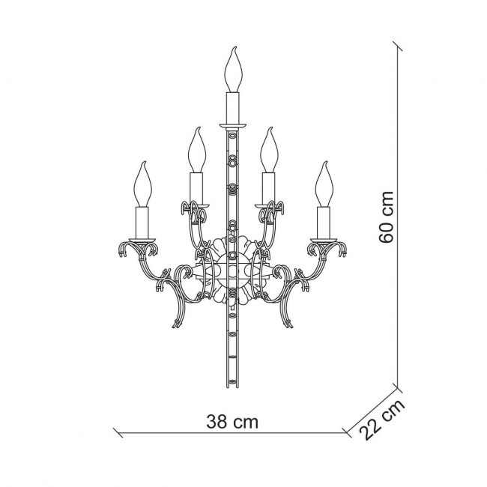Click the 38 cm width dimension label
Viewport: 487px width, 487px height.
click(232, 422)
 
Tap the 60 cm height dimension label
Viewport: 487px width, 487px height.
click(387, 217)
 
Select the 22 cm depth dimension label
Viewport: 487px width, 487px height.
click(381, 419)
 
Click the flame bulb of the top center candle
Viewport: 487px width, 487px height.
click(233, 70)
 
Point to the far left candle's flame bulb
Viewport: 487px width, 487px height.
click(142, 184)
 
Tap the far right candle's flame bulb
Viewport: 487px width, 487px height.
click(324, 184)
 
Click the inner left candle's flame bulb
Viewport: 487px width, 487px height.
click(197, 150)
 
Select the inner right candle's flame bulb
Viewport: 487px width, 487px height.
click(269, 150)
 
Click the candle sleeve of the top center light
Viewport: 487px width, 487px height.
click(233, 108)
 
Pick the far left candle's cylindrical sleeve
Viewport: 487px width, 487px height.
click(142, 223)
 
